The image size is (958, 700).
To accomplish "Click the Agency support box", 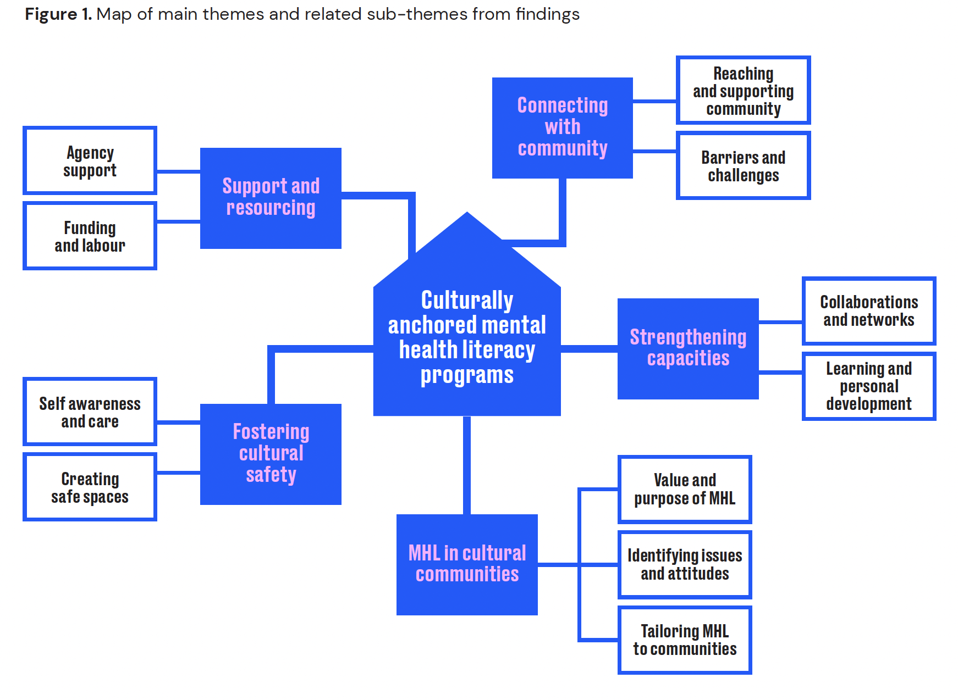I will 90,160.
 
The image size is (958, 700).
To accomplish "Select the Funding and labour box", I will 90,236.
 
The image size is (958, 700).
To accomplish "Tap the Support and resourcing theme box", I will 271,198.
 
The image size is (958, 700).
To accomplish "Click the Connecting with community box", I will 562,127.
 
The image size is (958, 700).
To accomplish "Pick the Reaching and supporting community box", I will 743,91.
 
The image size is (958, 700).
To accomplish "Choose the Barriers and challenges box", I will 743,166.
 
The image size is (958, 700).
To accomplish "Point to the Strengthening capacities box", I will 688,348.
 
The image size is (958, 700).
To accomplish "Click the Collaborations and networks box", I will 869,311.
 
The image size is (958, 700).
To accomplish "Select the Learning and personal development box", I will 869,386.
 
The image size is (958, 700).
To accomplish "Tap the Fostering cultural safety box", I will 271,454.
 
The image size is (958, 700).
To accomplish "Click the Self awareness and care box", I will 90,412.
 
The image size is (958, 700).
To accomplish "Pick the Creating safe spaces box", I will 90,487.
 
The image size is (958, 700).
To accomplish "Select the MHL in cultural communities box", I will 467,564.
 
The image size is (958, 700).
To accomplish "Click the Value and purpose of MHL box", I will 685,489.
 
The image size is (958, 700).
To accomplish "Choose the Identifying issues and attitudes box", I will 685,564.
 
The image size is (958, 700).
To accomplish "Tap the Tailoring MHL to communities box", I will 685,640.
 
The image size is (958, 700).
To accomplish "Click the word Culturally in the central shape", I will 467,301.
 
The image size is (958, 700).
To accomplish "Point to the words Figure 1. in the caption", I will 58,14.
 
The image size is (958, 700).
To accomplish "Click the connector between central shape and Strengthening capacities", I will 589,349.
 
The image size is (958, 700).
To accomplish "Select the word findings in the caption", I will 547,14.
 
